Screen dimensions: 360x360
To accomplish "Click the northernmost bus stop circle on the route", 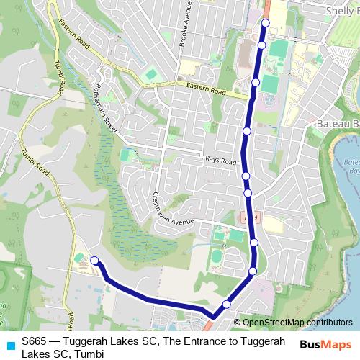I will point(265,23).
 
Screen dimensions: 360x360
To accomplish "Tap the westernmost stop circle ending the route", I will point(94,261).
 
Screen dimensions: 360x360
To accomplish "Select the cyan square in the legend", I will point(10,345).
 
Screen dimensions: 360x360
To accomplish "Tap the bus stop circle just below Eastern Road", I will point(256,83).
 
